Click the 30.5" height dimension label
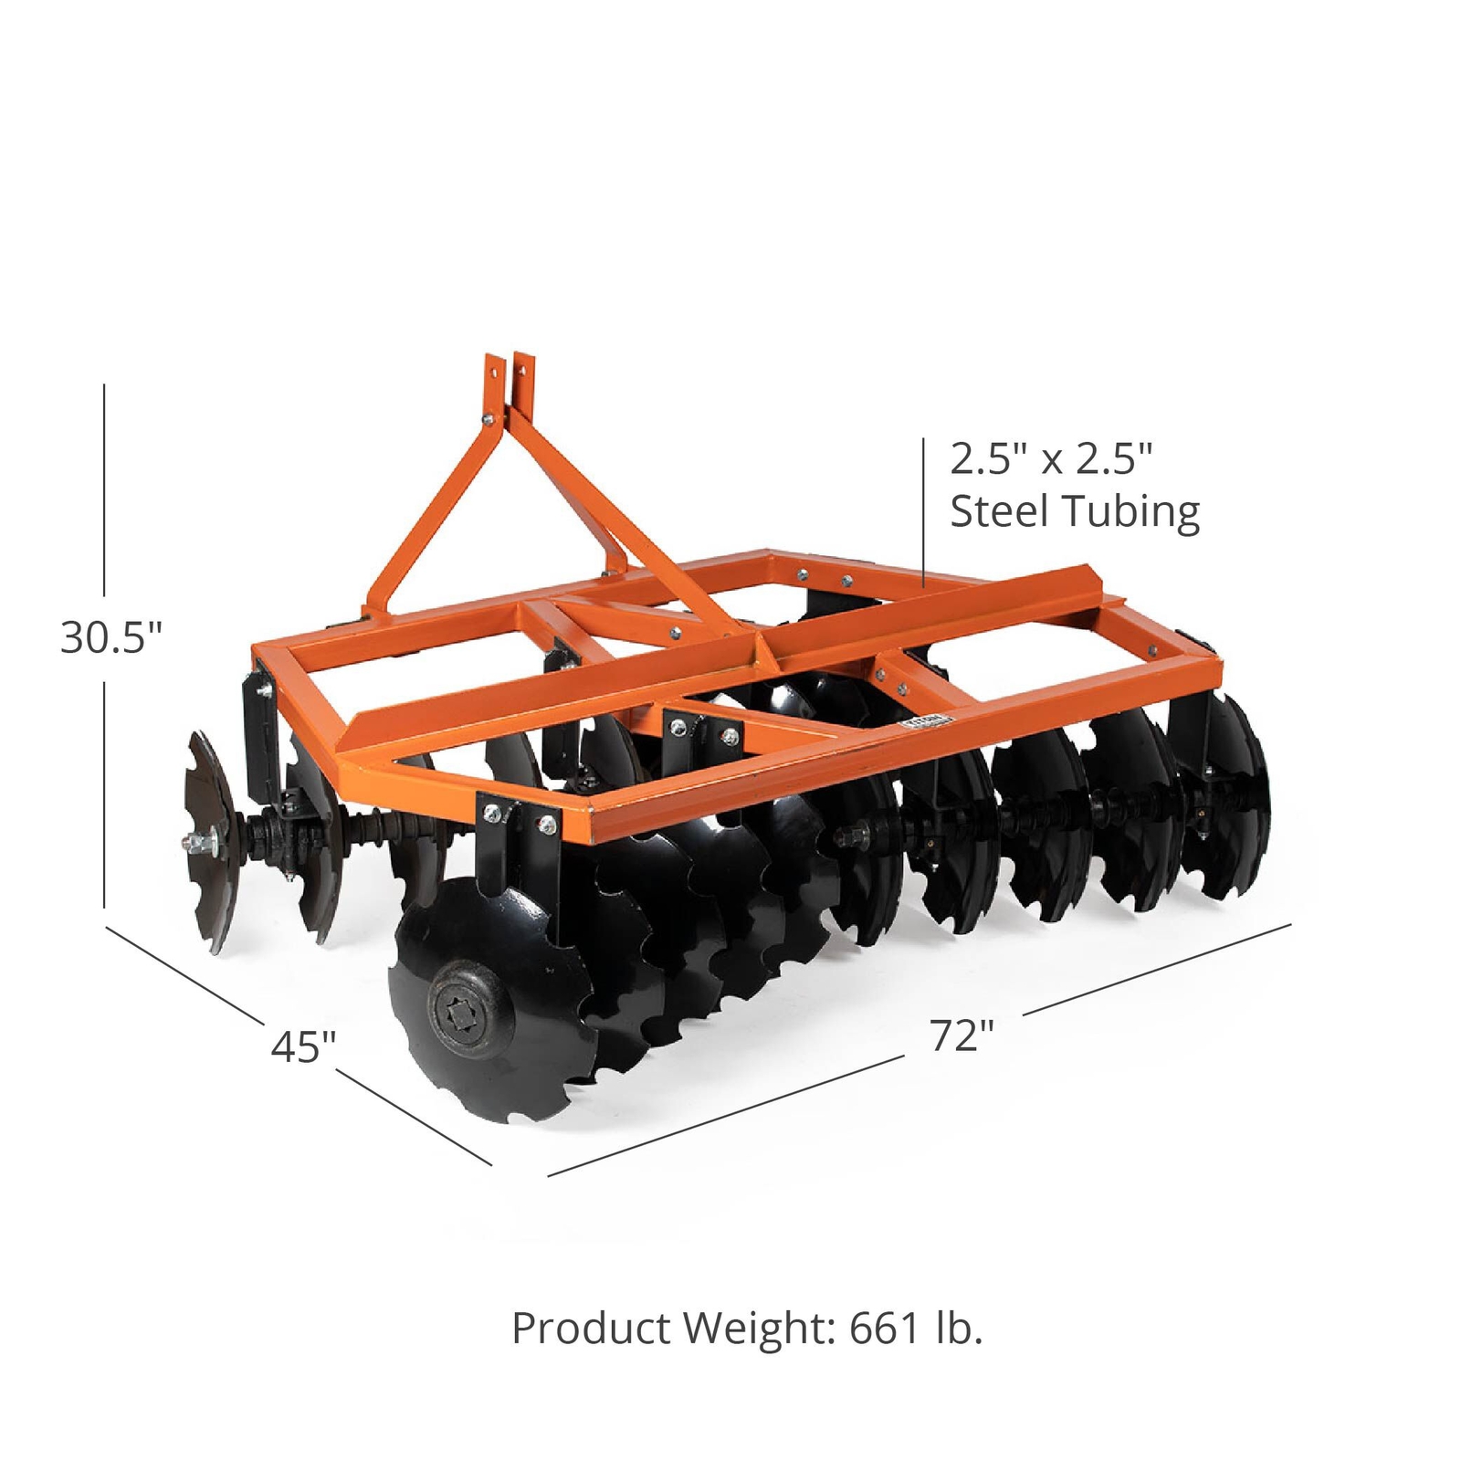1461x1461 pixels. coord(110,637)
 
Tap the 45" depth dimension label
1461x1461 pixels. coord(303,1046)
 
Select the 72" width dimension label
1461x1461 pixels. coord(962,1035)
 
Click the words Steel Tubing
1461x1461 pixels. coord(1074,512)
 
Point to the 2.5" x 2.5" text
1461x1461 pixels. coord(1051,458)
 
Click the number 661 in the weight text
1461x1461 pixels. coord(885,1329)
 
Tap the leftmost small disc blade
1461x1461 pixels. coord(211,840)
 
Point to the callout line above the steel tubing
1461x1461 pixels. coord(923,511)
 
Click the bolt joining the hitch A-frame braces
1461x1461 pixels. coord(489,420)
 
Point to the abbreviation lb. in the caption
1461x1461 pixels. coord(959,1329)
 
